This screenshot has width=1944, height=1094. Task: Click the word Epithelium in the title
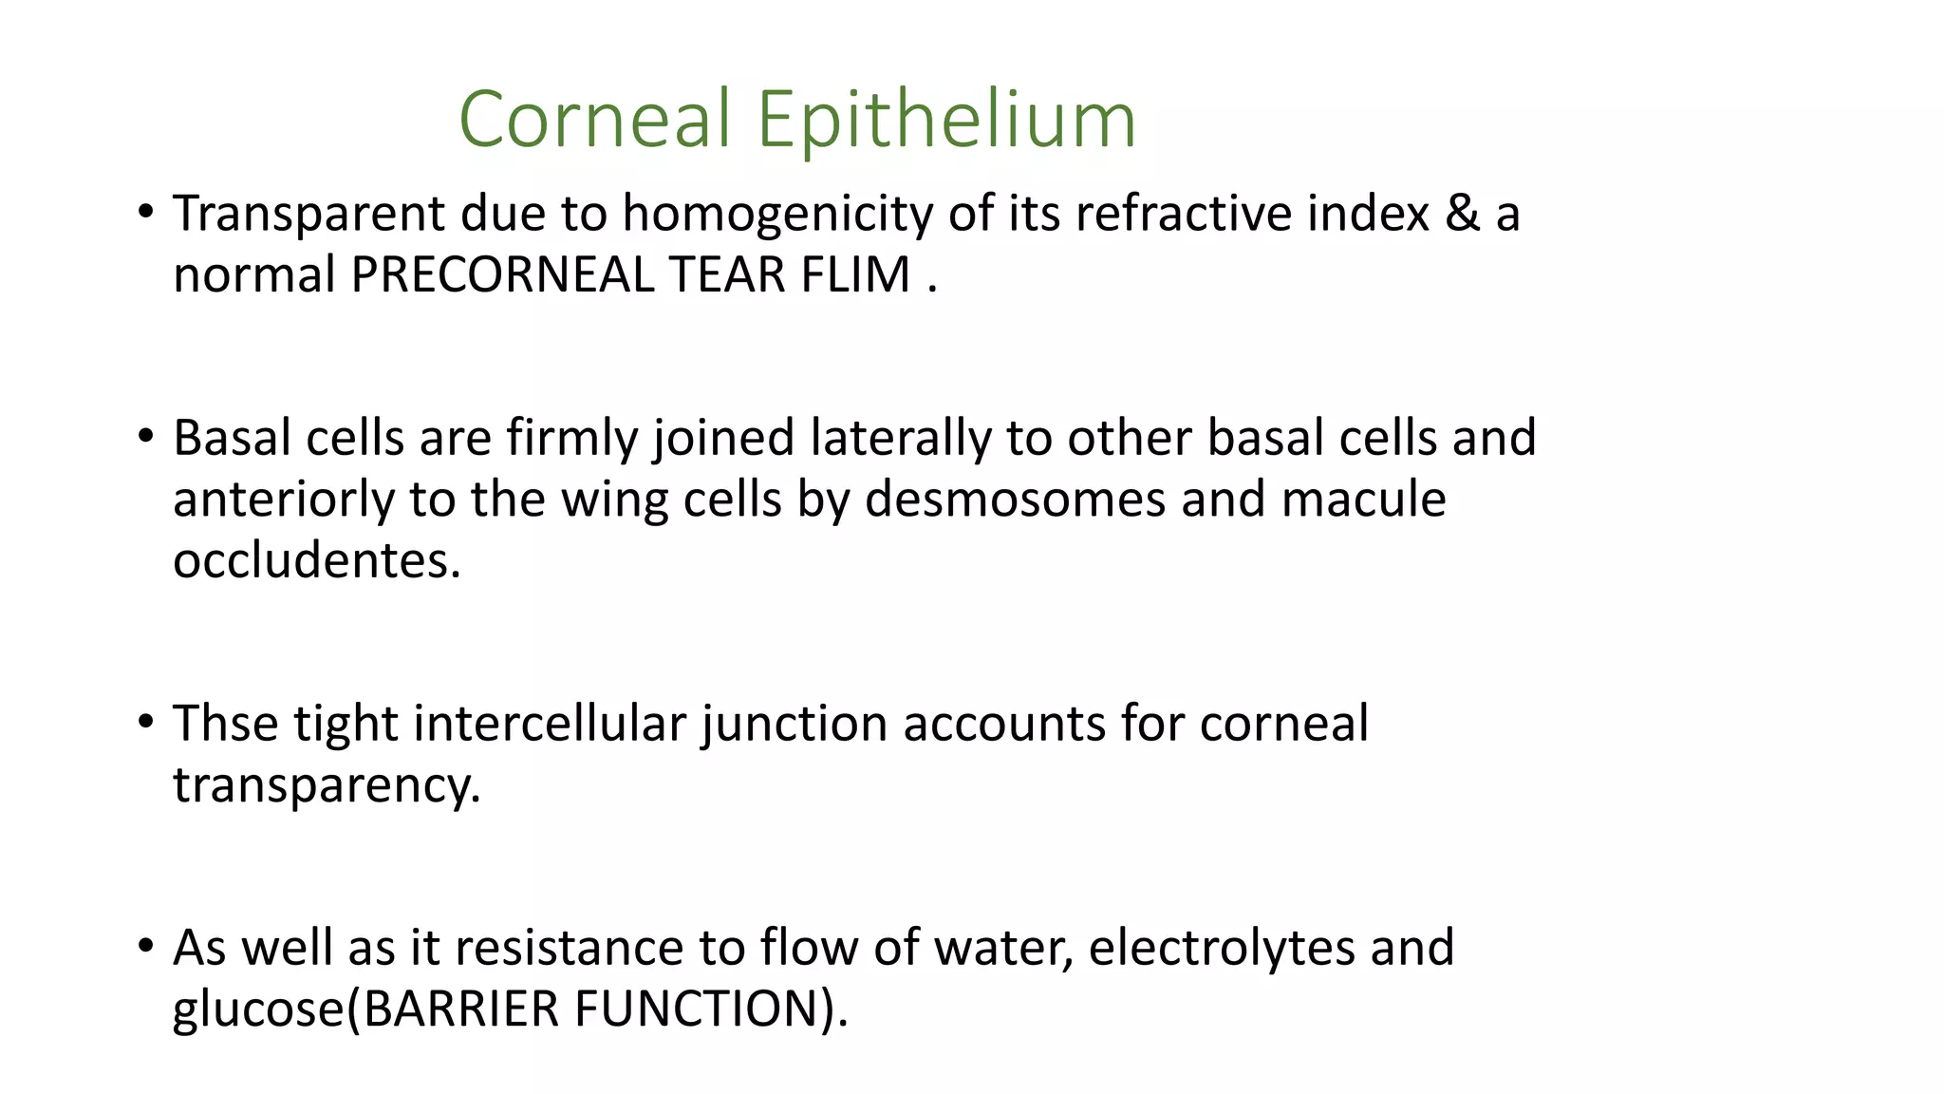click(x=946, y=121)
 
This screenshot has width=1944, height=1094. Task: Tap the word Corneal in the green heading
click(x=595, y=121)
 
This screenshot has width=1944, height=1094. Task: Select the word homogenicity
click(x=777, y=214)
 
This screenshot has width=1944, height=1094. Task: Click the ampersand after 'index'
click(x=1462, y=214)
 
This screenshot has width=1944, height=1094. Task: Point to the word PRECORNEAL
click(x=502, y=275)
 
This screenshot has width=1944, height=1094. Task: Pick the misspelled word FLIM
click(x=855, y=275)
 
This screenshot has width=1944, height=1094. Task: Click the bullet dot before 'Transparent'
click(x=145, y=212)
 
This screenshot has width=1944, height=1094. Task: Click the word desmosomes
click(x=1015, y=500)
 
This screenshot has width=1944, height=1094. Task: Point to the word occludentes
click(x=316, y=560)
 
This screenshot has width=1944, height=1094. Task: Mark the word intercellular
click(x=550, y=724)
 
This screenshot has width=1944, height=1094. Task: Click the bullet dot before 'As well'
click(x=145, y=947)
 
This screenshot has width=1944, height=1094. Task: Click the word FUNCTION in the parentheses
click(x=697, y=1009)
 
